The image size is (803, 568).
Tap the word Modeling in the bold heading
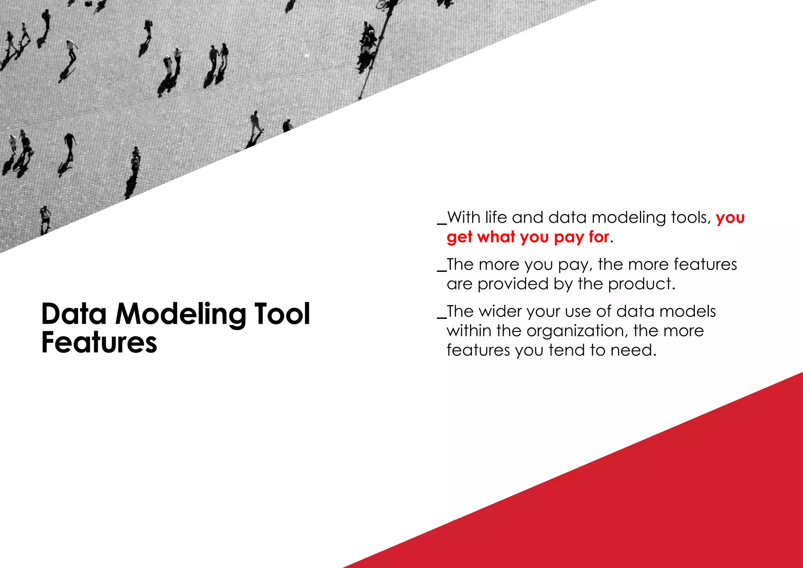pyautogui.click(x=181, y=315)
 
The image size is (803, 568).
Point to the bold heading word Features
pyautogui.click(x=99, y=342)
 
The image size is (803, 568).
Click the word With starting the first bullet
pyautogui.click(x=463, y=217)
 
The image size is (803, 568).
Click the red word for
pyautogui.click(x=599, y=237)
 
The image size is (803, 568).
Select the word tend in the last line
pyautogui.click(x=566, y=350)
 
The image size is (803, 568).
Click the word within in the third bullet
pyautogui.click(x=469, y=331)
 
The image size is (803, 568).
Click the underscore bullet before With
pyautogui.click(x=442, y=223)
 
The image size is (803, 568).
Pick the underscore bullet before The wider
pyautogui.click(x=442, y=317)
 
